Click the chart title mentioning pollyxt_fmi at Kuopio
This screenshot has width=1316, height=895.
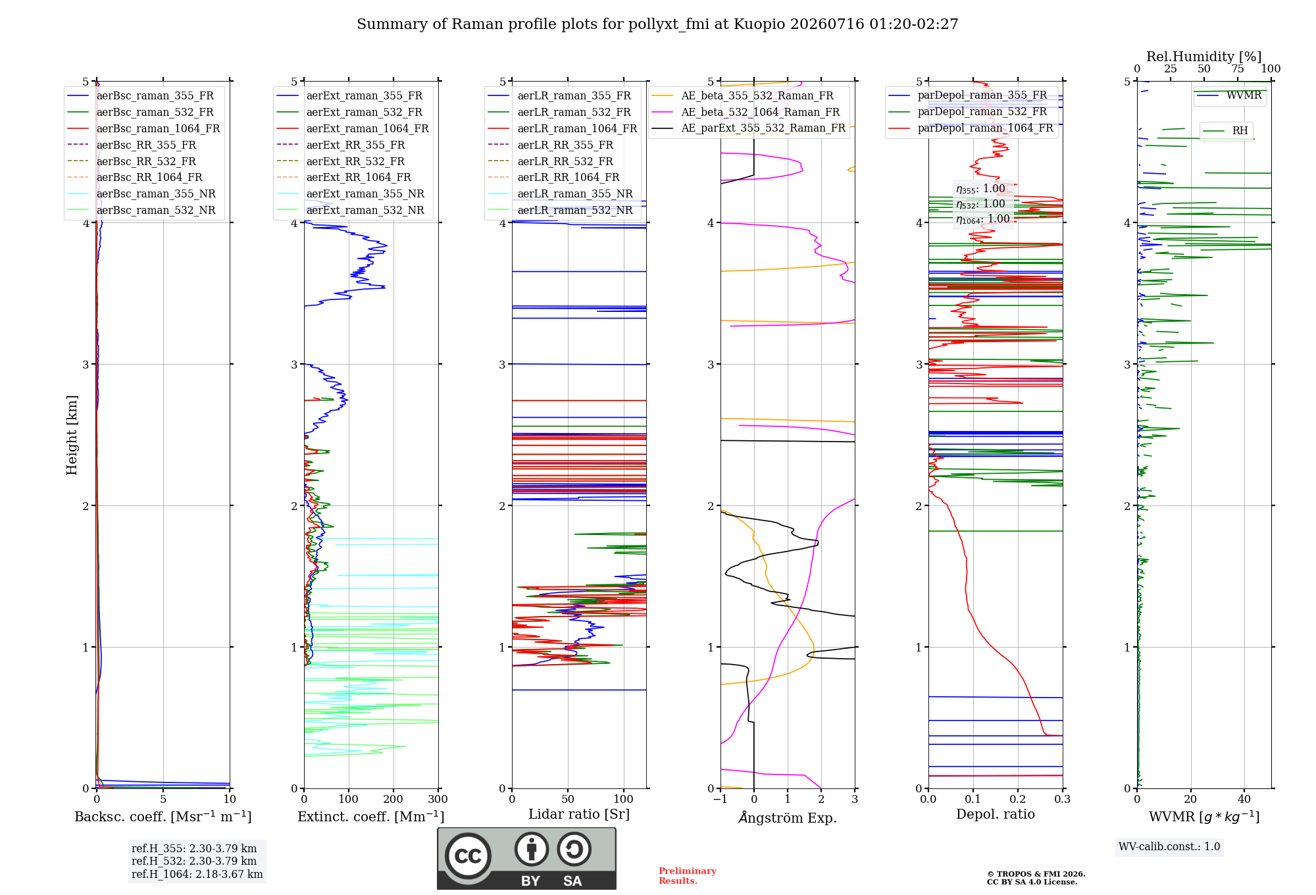coord(657,24)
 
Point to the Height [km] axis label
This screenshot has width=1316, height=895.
coord(72,435)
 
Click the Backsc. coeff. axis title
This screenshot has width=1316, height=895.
coord(163,816)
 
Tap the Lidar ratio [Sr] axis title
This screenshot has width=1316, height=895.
coord(579,814)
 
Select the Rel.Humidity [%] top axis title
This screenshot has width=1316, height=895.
coord(1203,57)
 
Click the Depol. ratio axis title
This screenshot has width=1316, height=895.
coord(996,814)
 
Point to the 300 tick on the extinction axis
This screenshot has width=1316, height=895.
coord(438,799)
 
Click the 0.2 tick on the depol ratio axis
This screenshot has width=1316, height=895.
coord(1017,799)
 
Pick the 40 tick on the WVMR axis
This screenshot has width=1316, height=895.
coord(1244,799)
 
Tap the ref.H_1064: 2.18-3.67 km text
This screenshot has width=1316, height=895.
coord(197,875)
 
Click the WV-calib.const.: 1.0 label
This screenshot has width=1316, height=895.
coord(1169,847)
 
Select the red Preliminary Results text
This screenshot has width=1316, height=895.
coord(688,876)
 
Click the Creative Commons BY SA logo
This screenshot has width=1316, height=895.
coord(526,858)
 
